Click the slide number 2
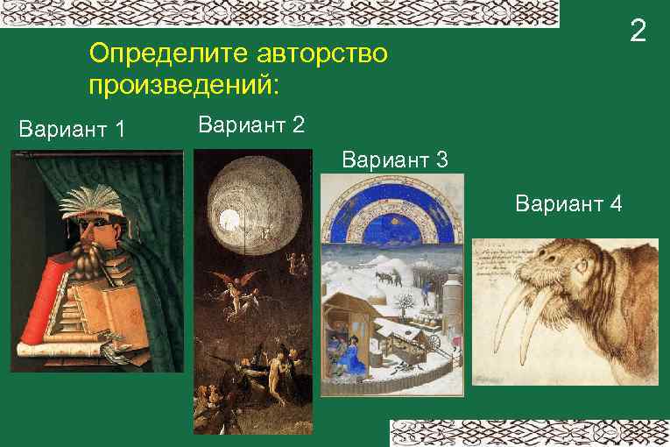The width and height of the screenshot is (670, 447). tap(638, 32)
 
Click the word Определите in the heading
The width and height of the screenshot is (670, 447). tap(166, 54)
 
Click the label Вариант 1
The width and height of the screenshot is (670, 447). tap(72, 131)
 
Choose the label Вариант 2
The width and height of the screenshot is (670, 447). tap(252, 125)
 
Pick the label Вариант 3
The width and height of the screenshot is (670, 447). tap(396, 160)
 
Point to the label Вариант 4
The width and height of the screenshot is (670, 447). tap(569, 204)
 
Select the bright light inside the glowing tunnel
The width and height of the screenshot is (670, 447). tap(231, 216)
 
